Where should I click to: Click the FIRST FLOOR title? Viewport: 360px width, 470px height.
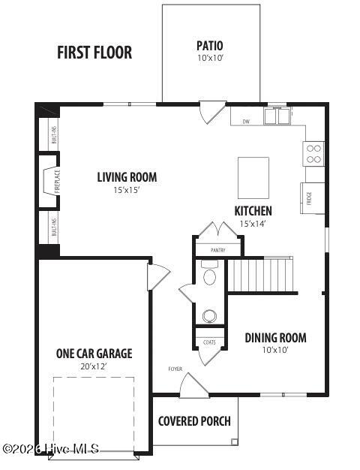pos(94,53)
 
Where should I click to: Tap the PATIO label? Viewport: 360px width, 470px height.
pos(210,45)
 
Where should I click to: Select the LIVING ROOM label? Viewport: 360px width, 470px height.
pos(127,177)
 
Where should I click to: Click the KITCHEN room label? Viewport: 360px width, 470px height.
pos(253,211)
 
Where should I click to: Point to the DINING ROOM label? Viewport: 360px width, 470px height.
pos(275,338)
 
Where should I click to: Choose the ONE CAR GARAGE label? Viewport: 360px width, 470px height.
pos(94,354)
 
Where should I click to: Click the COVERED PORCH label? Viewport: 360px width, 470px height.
pos(194,421)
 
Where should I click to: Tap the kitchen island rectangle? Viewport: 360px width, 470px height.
pos(253,177)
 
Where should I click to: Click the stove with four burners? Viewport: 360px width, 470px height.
pos(313,154)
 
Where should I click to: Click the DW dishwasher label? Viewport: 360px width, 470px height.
pos(245,121)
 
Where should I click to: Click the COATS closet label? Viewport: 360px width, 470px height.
pos(210,342)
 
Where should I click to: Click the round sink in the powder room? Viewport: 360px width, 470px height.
pos(211,316)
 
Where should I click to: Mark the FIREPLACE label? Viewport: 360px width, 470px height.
pos(58,182)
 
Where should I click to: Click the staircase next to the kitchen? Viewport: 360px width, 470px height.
pos(259,275)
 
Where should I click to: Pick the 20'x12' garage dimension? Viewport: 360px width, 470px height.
pos(94,367)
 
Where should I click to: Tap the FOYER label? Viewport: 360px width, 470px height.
pos(175,369)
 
